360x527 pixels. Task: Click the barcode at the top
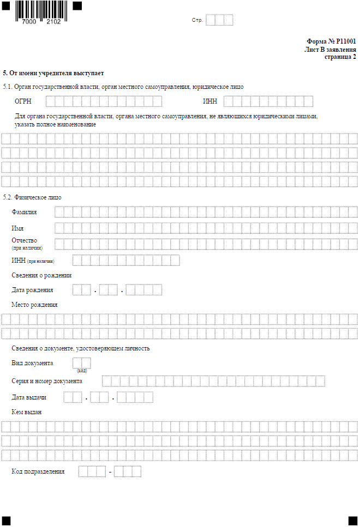41,11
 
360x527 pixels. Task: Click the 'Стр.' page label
197,20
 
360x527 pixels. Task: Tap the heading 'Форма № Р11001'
331,41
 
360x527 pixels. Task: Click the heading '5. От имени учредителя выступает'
53,73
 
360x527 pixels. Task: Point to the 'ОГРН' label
23,101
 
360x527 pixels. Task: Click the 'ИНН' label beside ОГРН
210,101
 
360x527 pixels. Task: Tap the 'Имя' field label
17,228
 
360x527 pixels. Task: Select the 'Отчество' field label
25,240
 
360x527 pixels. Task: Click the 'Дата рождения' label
33,290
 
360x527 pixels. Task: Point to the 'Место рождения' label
34,305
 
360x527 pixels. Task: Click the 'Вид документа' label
32,363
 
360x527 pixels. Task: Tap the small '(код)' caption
82,371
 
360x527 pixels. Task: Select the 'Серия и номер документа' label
47,381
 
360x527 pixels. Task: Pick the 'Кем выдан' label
27,412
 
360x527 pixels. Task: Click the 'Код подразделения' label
38,471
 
